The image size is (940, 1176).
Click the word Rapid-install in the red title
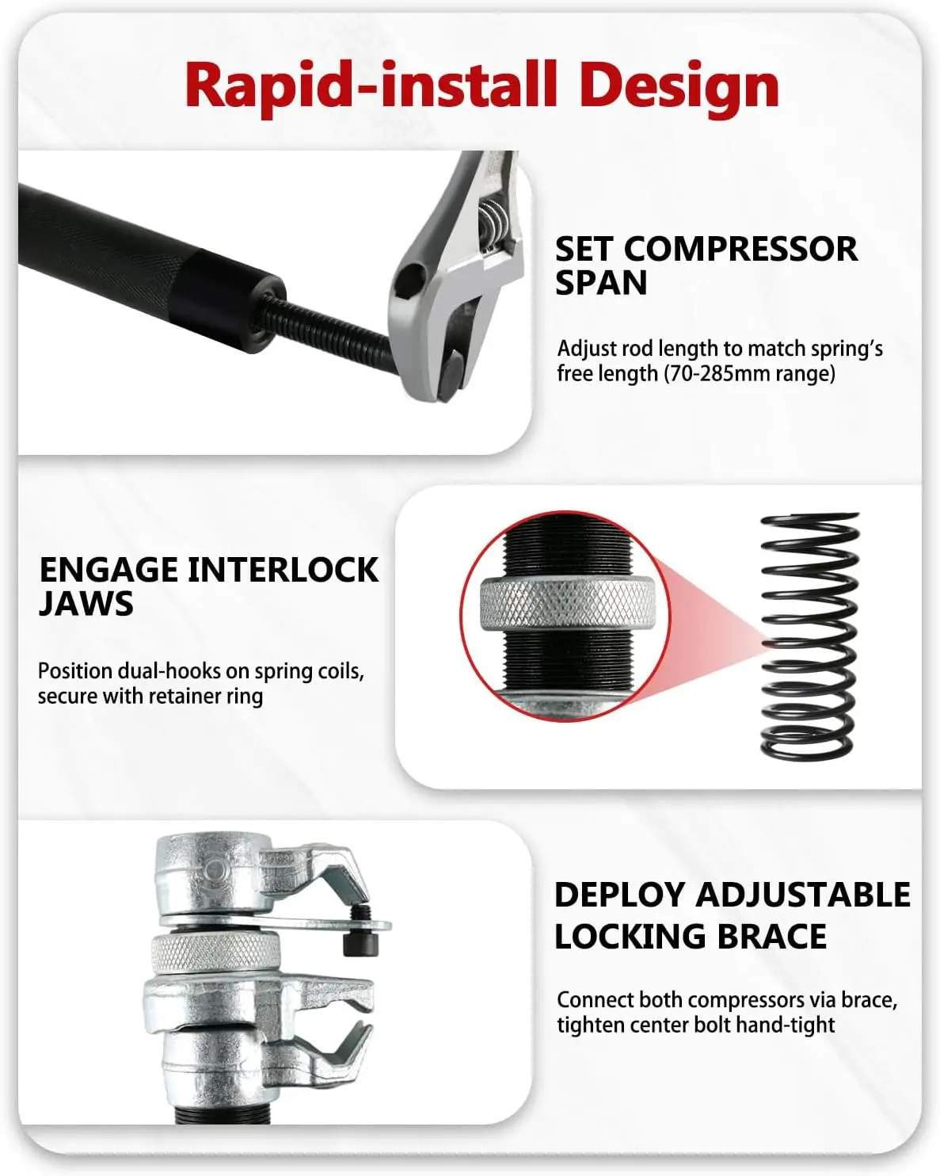[x=371, y=86]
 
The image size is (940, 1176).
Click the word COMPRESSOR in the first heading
[x=740, y=249]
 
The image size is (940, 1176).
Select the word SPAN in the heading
[x=601, y=283]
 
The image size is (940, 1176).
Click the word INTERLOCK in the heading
[x=283, y=570]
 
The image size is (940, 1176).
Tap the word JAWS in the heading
[x=86, y=604]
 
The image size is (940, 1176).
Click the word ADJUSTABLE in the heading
[x=803, y=895]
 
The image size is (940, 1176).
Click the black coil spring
[x=809, y=636]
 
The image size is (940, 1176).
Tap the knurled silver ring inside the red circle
[x=566, y=604]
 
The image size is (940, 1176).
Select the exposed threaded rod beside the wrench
[x=328, y=326]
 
